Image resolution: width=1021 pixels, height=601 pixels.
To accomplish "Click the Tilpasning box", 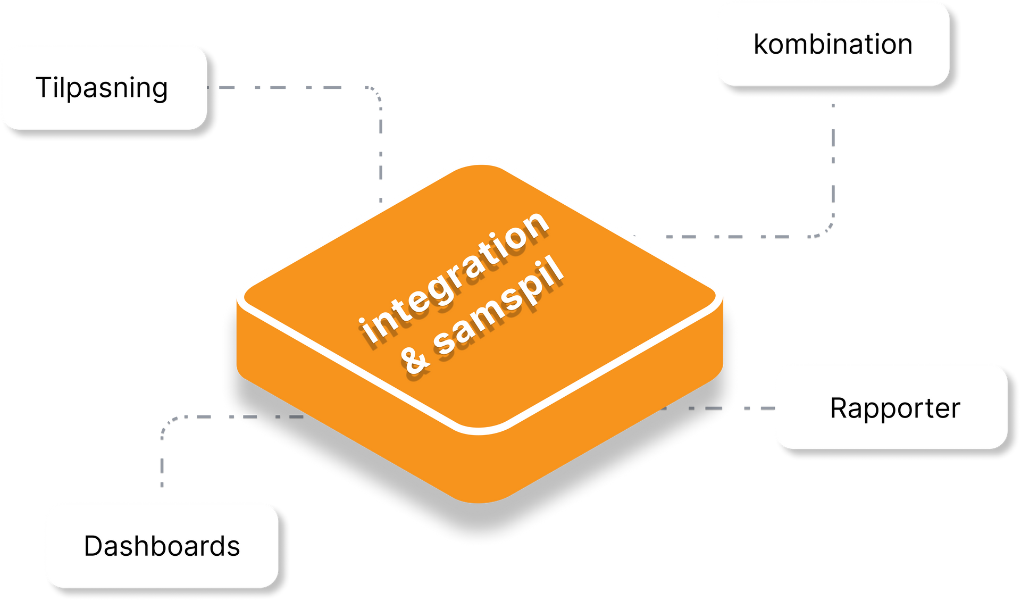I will point(103,87).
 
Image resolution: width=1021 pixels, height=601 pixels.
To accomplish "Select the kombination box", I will point(832,44).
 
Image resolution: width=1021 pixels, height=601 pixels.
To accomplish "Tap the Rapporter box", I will point(891,407).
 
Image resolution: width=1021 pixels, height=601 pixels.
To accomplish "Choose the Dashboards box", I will point(161,545).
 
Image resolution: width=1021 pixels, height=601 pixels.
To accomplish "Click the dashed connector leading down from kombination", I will point(833,160).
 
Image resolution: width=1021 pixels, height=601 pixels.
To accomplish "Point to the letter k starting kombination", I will point(760,44).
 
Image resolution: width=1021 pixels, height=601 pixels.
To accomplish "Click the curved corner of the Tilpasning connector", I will point(374,94).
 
